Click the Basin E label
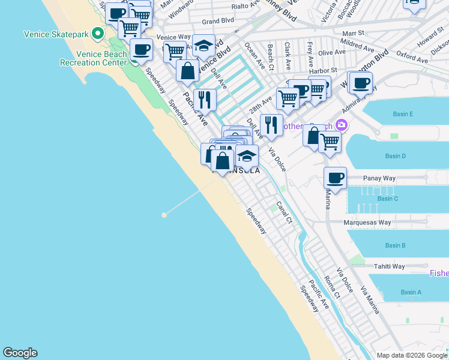click(403, 114)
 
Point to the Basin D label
click(396, 157)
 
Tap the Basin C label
click(388, 199)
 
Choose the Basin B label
click(396, 245)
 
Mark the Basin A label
click(411, 292)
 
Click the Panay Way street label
click(381, 178)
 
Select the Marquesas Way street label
click(367, 223)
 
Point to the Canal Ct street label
click(285, 214)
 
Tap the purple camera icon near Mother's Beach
click(342, 125)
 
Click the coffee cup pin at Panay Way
click(336, 178)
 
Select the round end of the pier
click(163, 214)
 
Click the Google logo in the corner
click(20, 353)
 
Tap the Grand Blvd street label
click(217, 21)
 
